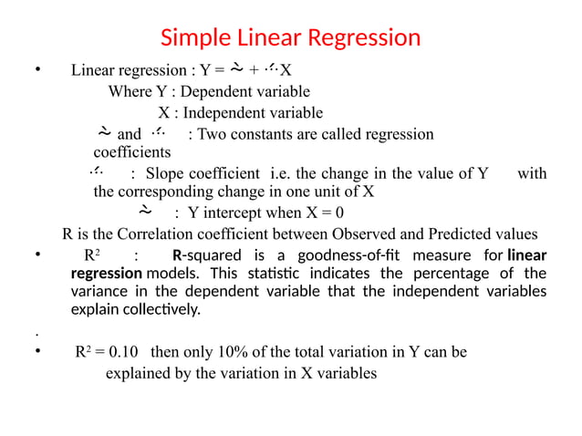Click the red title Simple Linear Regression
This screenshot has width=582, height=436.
click(290, 38)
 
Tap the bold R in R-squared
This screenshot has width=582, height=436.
click(177, 254)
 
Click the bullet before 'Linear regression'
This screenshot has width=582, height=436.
click(34, 71)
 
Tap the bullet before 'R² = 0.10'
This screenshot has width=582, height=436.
click(34, 354)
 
